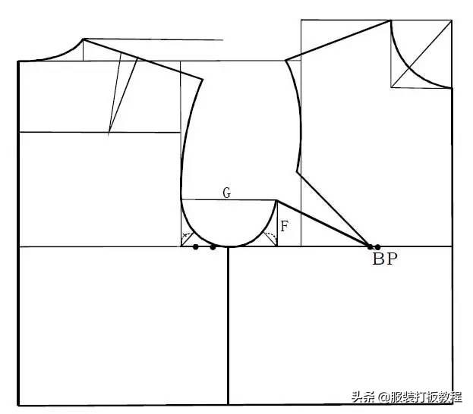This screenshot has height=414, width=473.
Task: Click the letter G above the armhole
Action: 226,193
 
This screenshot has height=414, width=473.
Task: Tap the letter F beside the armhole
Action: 285,226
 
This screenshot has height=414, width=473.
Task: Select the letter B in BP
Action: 379,259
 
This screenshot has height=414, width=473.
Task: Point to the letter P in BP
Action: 392,259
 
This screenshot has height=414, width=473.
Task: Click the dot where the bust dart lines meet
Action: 371,246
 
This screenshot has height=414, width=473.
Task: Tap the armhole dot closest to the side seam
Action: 213,247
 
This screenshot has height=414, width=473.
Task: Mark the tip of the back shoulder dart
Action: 109,133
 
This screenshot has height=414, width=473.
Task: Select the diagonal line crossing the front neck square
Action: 421,54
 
